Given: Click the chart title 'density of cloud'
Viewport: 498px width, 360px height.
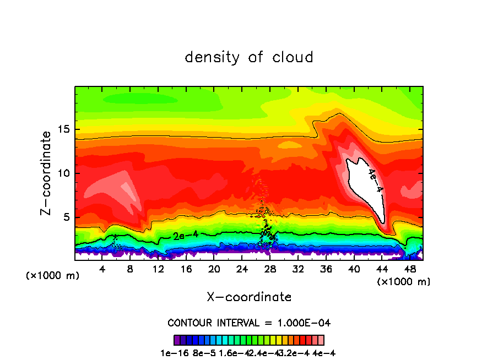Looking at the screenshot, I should [x=249, y=57].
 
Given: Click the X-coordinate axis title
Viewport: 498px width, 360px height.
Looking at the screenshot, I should [x=249, y=297].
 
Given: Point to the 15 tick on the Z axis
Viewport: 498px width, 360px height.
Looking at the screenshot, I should [x=64, y=130].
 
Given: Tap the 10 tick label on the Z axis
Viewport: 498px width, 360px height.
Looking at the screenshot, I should [x=64, y=173].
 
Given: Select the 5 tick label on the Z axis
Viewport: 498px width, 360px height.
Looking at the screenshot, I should [x=67, y=217].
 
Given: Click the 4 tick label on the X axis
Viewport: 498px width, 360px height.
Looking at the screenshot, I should [x=102, y=269].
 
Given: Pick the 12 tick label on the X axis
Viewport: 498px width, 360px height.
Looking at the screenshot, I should [x=158, y=269].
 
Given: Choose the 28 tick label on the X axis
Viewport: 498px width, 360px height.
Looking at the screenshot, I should [x=270, y=269].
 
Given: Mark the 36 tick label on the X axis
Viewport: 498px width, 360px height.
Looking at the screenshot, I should [x=326, y=269].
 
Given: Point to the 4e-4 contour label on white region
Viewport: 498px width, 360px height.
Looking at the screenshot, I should [x=375, y=181].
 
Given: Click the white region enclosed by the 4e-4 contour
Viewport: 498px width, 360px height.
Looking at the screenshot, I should [x=361, y=187].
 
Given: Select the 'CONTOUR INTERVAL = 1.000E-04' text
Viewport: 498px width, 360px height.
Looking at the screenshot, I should [x=249, y=323].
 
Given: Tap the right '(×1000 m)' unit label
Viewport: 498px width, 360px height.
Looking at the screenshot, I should [x=403, y=282].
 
